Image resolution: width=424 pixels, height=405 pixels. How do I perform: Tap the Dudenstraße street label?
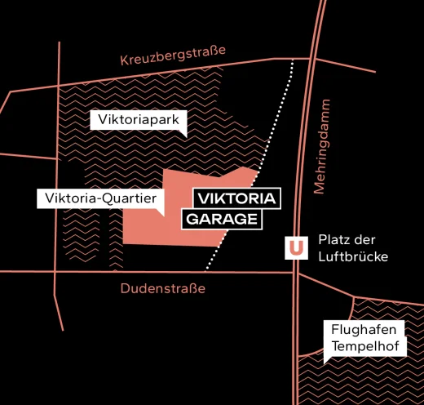click(163, 288)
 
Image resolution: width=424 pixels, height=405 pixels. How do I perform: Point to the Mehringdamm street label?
click(325, 147)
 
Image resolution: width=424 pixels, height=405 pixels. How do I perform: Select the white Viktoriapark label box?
click(137, 120)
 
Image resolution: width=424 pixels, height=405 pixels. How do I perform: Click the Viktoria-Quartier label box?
click(101, 198)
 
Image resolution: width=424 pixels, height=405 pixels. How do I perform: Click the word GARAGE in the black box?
click(223, 219)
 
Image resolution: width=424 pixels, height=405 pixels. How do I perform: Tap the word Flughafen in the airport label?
click(364, 330)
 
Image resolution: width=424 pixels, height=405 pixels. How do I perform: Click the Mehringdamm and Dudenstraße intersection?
click(296, 273)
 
